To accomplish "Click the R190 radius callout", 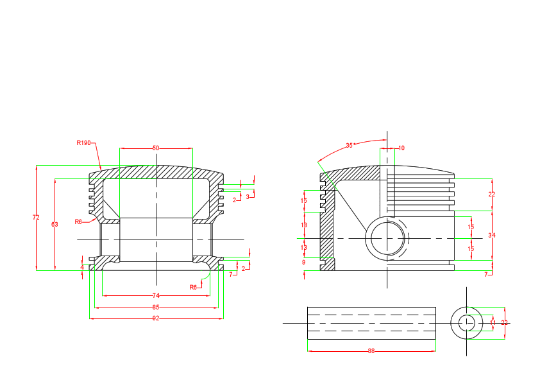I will click(83, 143).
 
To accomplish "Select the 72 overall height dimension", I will click(36, 218).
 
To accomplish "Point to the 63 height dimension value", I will click(55, 224).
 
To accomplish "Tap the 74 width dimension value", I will click(156, 295).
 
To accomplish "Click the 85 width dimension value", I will click(156, 307).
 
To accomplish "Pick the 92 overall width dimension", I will click(156, 318).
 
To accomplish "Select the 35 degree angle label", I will click(350, 145).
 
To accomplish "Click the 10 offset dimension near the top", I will click(401, 148).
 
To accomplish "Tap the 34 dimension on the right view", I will click(492, 236).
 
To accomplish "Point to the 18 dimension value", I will click(304, 225).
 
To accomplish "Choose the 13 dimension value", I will click(304, 247).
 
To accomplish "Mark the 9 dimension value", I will click(304, 262).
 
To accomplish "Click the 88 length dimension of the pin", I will click(371, 351).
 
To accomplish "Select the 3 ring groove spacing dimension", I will click(248, 196).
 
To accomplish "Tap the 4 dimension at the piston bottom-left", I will click(82, 266).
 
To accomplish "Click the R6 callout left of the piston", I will click(78, 221).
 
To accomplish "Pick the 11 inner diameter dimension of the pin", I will click(493, 322).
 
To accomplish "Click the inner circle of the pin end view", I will click(467, 322).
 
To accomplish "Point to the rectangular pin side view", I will click(371, 323).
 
